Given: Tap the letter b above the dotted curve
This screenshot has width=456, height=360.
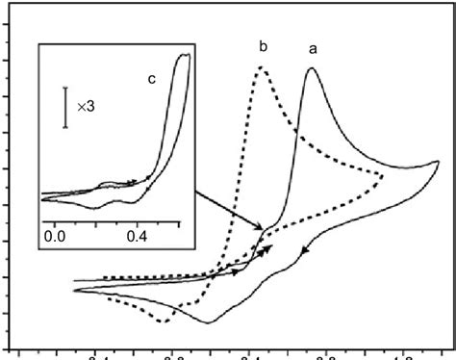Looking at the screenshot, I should coord(264,45).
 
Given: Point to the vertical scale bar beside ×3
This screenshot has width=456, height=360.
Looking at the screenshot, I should coord(65,107).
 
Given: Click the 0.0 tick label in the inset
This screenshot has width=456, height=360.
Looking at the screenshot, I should coord(53,234).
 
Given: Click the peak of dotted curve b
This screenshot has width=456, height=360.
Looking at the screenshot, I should coord(261,66).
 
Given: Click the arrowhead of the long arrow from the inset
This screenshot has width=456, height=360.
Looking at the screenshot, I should coord(265,228).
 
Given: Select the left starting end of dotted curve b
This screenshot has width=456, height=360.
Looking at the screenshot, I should coord(102,277).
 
